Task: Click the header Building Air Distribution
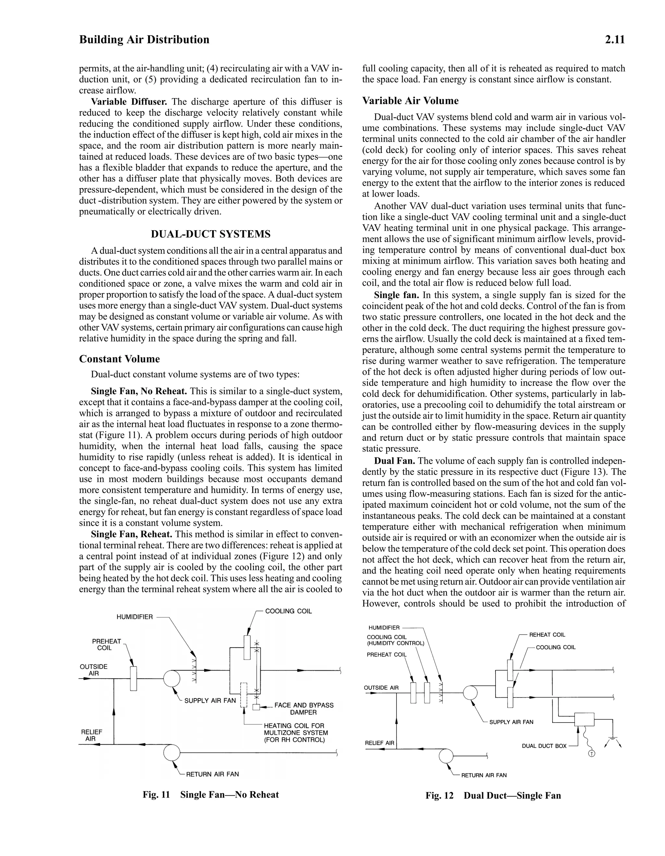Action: pos(144,40)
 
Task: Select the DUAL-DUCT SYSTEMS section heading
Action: pos(210,234)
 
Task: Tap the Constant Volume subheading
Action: pos(119,359)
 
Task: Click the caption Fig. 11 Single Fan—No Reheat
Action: pos(210,795)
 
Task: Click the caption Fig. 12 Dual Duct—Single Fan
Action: pos(493,795)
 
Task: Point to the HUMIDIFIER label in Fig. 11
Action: pos(134,617)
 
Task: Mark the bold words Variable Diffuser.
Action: pos(129,102)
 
